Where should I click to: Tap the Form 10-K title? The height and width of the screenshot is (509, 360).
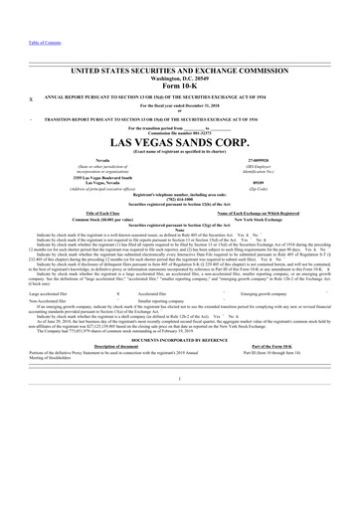[x=179, y=60]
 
